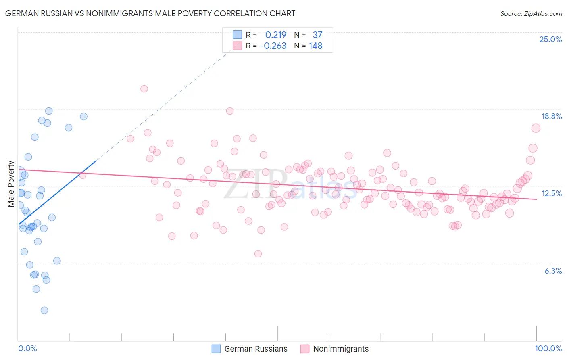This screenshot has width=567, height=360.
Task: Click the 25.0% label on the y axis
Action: click(x=550, y=39)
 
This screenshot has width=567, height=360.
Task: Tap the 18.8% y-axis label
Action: click(x=551, y=116)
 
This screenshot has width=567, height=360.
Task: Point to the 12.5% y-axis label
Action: click(x=551, y=193)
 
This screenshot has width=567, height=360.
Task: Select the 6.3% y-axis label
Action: click(x=553, y=271)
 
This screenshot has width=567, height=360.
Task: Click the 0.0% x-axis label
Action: click(x=27, y=348)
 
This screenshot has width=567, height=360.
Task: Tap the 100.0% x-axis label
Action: click(x=548, y=348)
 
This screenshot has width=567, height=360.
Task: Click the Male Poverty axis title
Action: click(x=11, y=184)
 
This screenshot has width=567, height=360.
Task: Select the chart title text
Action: click(x=150, y=13)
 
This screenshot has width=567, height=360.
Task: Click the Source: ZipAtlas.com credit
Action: click(x=531, y=13)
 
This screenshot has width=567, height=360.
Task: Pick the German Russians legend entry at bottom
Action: click(x=250, y=349)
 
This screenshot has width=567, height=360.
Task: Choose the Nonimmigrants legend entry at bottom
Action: click(x=335, y=349)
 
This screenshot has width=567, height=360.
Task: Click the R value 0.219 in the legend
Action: click(x=275, y=35)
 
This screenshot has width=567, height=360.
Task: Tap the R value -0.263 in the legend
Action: click(x=273, y=46)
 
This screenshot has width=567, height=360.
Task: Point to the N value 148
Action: click(x=315, y=46)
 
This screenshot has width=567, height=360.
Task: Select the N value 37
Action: click(x=317, y=35)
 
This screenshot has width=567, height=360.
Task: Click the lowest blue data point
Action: click(x=44, y=310)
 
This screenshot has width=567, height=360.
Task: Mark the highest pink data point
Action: click(x=144, y=89)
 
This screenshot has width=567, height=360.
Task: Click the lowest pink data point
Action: click(x=258, y=253)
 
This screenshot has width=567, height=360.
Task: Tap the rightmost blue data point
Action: click(x=83, y=117)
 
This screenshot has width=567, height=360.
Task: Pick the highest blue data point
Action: click(x=49, y=111)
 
